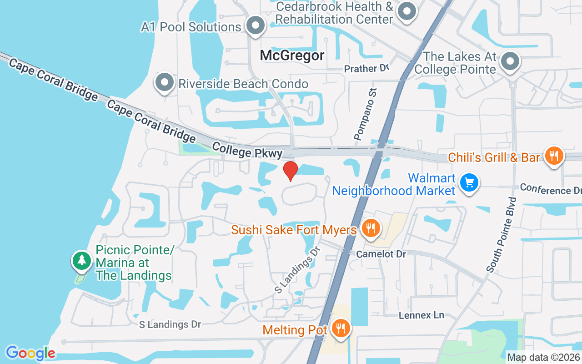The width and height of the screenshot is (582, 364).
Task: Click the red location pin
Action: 290,171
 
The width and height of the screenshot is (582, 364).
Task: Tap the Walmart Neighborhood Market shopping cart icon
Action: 469,183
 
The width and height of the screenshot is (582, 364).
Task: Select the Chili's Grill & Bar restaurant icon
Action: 553,156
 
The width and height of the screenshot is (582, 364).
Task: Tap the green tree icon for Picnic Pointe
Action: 81,260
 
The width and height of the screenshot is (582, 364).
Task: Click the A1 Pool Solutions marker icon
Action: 256,25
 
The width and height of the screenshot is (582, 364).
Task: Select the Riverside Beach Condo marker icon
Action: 165,83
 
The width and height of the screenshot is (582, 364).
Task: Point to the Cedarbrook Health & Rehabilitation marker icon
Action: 406,11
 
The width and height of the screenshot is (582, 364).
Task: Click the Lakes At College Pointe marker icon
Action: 510,61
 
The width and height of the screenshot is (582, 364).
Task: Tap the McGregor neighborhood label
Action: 292,56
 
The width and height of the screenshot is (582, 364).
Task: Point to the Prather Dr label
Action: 367,69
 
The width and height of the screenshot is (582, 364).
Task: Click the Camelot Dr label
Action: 381,254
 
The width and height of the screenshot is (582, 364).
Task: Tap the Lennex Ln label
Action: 421,315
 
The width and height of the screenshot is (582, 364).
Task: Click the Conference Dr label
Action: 551,188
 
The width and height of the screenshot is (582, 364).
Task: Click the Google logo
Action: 30,353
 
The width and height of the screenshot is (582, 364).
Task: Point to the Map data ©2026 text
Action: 544,357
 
